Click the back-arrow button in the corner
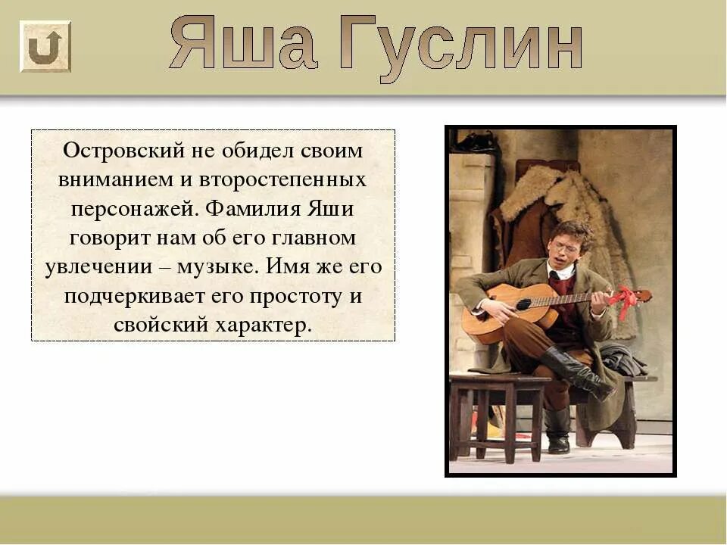45,46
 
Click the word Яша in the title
242,44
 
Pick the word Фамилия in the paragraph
251,209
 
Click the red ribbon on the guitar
625,301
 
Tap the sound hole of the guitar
523,304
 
